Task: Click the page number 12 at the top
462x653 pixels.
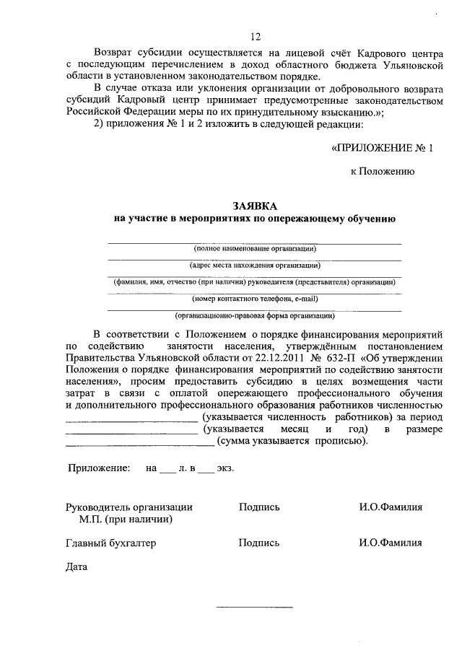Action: click(255, 38)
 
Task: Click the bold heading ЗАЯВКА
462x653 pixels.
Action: click(254, 206)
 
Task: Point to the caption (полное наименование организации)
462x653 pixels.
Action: click(255, 249)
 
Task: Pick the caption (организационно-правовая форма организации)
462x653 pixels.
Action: click(255, 315)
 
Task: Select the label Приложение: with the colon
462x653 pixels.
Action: click(99, 468)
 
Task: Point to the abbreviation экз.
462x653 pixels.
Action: click(225, 468)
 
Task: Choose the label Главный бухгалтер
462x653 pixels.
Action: click(110, 543)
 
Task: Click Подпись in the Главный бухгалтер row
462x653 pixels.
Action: click(259, 543)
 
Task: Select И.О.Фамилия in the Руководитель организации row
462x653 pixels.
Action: click(391, 507)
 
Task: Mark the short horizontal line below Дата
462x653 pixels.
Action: click(255, 607)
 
